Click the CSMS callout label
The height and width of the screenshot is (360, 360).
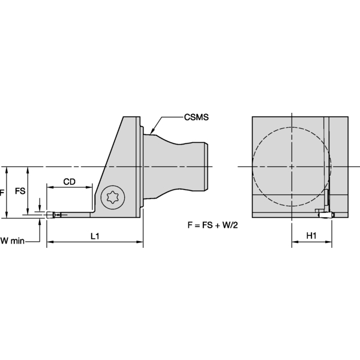(x=197, y=118)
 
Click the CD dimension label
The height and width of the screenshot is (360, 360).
(x=69, y=180)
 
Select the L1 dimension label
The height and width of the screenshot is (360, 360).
(x=95, y=236)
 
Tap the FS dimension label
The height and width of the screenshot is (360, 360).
(x=20, y=191)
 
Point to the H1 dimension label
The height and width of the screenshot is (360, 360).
(x=311, y=236)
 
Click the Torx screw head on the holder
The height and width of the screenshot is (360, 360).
(x=111, y=196)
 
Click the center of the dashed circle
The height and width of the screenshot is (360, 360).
(x=291, y=166)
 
